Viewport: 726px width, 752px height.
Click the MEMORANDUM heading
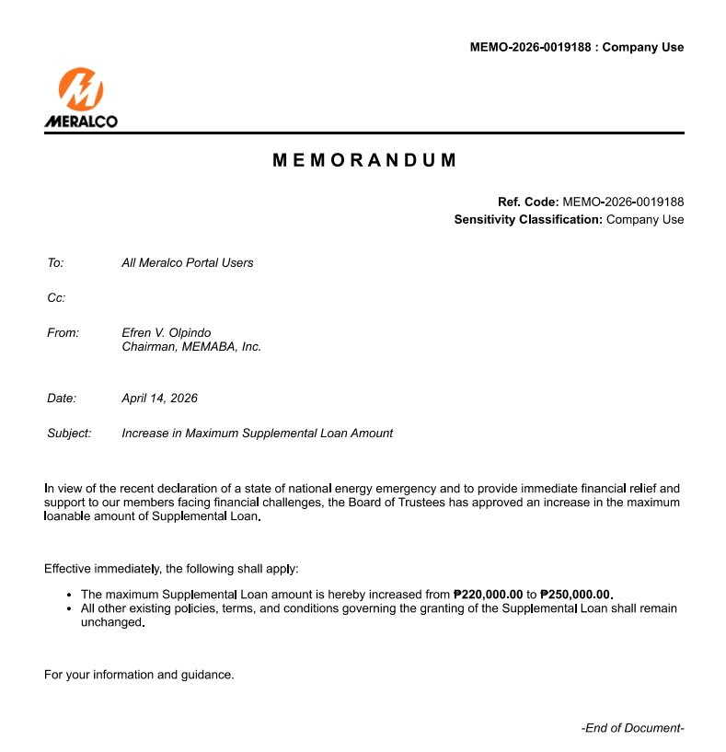coord(364,160)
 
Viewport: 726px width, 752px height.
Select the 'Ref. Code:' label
coord(528,202)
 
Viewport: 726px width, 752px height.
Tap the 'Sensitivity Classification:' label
coord(528,220)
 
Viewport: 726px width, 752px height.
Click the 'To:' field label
coord(55,263)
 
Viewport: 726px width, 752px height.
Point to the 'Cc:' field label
coord(56,298)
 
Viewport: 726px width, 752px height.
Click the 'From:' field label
coord(63,333)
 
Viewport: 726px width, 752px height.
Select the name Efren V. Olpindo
coord(166,333)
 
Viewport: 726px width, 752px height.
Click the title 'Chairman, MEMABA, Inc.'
coord(191,347)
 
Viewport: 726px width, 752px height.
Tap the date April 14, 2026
coord(159,399)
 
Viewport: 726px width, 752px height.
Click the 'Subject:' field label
coord(69,434)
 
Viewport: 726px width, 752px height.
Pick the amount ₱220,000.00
coord(488,595)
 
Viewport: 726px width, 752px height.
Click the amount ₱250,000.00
coord(576,595)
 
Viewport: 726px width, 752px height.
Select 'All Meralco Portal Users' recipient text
coord(187,263)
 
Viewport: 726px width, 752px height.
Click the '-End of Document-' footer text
coord(632,728)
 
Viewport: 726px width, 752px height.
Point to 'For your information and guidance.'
coord(139,675)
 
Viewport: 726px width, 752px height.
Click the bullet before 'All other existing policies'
coord(71,609)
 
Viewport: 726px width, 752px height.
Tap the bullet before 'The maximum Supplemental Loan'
coord(71,596)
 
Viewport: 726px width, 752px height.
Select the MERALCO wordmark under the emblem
coord(81,121)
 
